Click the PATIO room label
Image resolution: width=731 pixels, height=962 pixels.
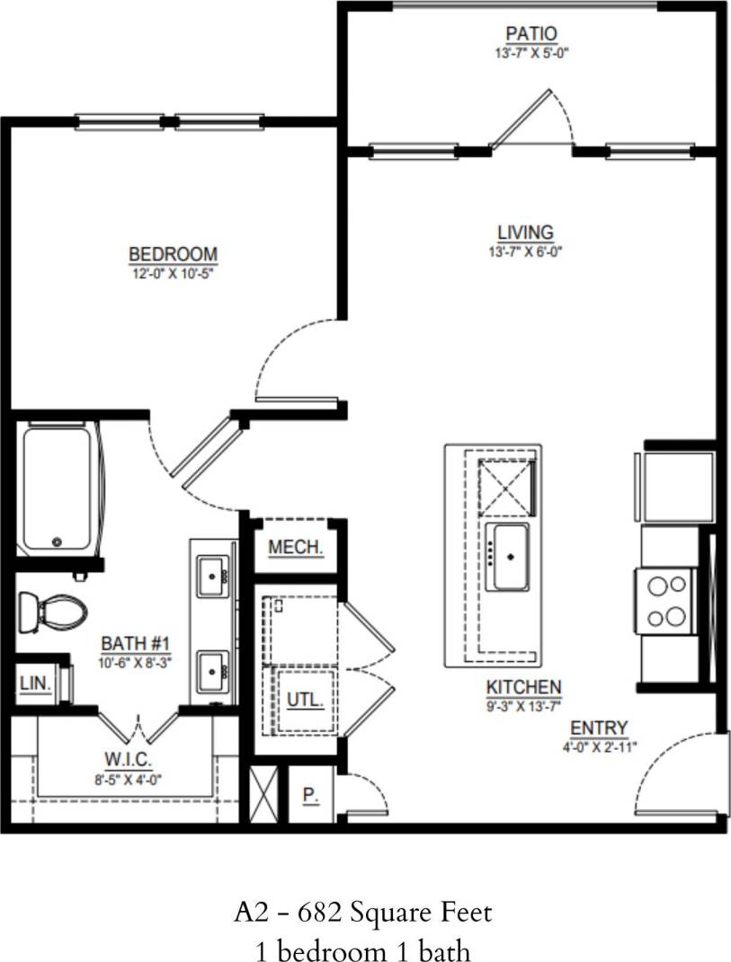pos(530,34)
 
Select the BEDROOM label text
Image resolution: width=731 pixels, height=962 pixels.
pos(173,254)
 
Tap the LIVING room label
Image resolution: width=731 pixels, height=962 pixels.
pos(525,234)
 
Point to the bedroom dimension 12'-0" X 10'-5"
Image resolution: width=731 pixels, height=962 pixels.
pos(173,270)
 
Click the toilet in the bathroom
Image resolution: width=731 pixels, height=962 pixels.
pos(53,613)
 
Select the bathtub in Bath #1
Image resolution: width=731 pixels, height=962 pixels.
pos(58,490)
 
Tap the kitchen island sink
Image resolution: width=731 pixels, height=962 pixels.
pos(507,557)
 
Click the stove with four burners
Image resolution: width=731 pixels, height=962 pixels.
pos(665,601)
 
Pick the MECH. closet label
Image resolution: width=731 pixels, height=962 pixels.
pos(295,547)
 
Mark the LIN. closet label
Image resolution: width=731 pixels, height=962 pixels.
pos(34,684)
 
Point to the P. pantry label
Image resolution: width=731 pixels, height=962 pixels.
pos(309,795)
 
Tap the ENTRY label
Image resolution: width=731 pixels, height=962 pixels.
pos(599,728)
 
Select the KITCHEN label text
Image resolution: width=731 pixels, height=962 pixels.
pos(523,687)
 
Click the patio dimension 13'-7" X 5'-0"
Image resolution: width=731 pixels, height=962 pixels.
pos(530,53)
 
